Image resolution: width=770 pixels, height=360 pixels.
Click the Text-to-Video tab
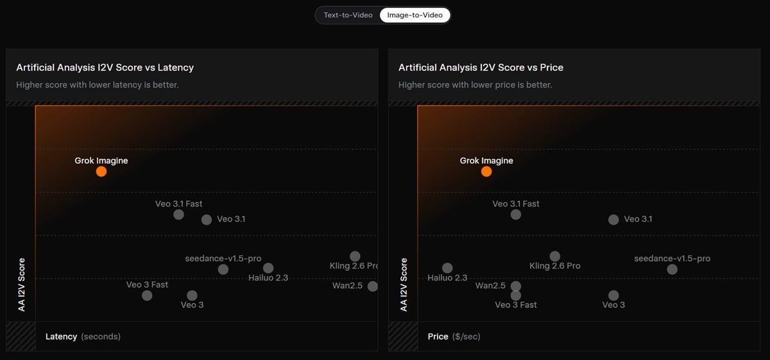pyautogui.click(x=348, y=15)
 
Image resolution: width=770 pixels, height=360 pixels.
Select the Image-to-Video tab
pyautogui.click(x=415, y=15)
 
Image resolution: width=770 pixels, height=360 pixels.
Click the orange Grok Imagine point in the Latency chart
pyautogui.click(x=101, y=171)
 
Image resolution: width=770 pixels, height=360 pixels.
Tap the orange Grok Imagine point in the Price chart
pyautogui.click(x=486, y=171)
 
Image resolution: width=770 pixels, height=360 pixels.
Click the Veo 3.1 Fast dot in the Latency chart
pyautogui.click(x=178, y=214)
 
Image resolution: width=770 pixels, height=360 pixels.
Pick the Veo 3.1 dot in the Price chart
pyautogui.click(x=613, y=219)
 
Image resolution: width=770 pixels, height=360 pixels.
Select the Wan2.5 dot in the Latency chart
pyautogui.click(x=373, y=286)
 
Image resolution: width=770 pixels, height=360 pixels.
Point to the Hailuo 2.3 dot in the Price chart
pyautogui.click(x=447, y=268)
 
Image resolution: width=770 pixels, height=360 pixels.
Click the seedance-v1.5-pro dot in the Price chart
pyautogui.click(x=672, y=269)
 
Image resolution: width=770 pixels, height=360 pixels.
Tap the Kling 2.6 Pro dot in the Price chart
pyautogui.click(x=555, y=256)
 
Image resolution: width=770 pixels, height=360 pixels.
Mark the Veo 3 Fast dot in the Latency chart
pyautogui.click(x=147, y=295)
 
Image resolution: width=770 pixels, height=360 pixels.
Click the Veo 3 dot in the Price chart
pyautogui.click(x=613, y=295)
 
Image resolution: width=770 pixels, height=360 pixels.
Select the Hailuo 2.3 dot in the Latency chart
pyautogui.click(x=268, y=268)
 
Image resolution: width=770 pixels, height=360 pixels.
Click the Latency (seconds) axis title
pyautogui.click(x=83, y=336)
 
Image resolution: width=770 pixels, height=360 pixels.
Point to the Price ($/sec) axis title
pyautogui.click(x=454, y=336)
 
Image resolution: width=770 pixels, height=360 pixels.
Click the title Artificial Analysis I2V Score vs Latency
pyautogui.click(x=105, y=67)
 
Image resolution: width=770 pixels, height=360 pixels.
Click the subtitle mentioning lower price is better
pyautogui.click(x=475, y=85)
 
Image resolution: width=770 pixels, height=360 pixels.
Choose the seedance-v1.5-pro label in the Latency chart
pyautogui.click(x=223, y=258)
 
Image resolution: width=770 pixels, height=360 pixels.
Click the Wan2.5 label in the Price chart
pyautogui.click(x=490, y=286)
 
